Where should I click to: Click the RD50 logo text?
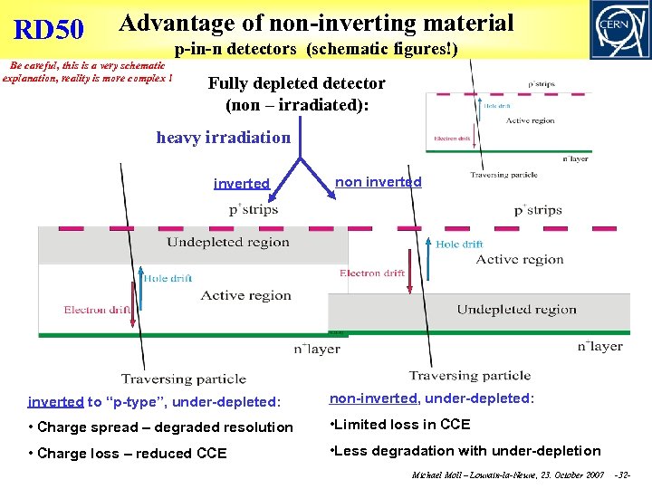point(49,30)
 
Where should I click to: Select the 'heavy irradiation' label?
point(224,138)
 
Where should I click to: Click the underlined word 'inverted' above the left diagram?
point(241,184)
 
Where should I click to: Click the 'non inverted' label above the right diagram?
point(379,182)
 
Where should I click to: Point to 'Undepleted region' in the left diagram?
point(228,242)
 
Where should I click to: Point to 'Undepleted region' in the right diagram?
point(516,310)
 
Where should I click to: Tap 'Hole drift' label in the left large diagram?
point(168,278)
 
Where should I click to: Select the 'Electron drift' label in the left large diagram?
point(98,310)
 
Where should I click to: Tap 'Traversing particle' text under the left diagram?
point(183,379)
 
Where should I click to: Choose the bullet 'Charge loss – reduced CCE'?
point(128,453)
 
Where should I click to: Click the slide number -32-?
point(621,475)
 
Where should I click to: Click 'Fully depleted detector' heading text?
point(296,83)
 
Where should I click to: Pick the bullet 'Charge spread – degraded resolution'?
point(161,427)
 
